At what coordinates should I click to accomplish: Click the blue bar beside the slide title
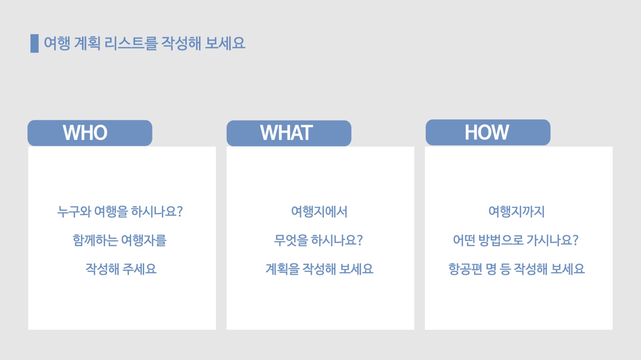(x=34, y=43)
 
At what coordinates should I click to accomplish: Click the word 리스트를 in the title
(x=131, y=43)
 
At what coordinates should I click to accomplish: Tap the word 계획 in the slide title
(x=87, y=43)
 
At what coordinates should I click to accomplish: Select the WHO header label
(x=85, y=133)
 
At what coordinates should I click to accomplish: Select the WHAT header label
(x=287, y=133)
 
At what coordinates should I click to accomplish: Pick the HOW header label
(x=487, y=132)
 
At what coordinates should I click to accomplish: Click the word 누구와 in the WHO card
(x=74, y=212)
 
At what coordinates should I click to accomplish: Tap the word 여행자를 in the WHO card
(x=144, y=240)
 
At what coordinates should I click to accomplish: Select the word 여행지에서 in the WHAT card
(x=319, y=212)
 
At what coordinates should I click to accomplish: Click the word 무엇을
(x=291, y=240)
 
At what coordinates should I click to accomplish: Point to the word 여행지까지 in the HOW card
(x=517, y=212)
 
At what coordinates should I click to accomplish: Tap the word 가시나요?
(x=552, y=240)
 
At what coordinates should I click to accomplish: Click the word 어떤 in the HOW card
(x=464, y=240)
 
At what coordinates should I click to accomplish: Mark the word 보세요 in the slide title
(x=225, y=43)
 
